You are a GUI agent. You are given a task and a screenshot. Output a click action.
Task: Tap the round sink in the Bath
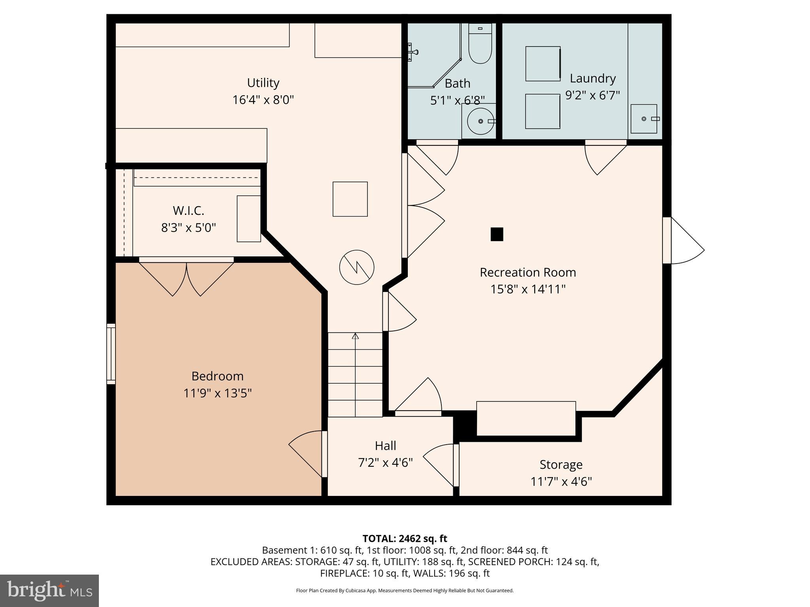[x=481, y=121]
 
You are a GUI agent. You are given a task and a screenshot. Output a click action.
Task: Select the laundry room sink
[x=643, y=119]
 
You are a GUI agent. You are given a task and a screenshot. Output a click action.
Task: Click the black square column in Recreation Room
[x=497, y=234]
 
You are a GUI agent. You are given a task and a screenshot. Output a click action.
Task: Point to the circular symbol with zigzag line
[x=357, y=267]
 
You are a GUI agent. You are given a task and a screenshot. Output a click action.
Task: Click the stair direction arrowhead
[x=355, y=336]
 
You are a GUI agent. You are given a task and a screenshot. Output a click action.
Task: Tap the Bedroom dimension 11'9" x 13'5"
[x=218, y=393]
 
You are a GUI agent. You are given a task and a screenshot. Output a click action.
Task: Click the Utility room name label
[x=263, y=83]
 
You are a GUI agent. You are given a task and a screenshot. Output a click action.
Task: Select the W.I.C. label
[x=188, y=211]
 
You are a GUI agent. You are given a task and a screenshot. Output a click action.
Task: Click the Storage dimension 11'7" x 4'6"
[x=561, y=481]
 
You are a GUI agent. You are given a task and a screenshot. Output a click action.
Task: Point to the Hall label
[x=385, y=445]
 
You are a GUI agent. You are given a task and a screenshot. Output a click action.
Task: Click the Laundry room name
[x=592, y=78]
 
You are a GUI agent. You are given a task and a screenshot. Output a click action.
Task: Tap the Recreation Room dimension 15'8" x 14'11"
[x=528, y=289]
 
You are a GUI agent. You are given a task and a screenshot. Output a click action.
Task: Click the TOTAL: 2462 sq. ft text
[x=405, y=539]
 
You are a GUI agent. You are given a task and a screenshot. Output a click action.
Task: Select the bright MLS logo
[x=49, y=591]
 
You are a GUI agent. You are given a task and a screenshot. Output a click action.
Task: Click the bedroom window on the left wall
[x=111, y=354]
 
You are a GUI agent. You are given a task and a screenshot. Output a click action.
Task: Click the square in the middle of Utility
[x=350, y=199]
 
